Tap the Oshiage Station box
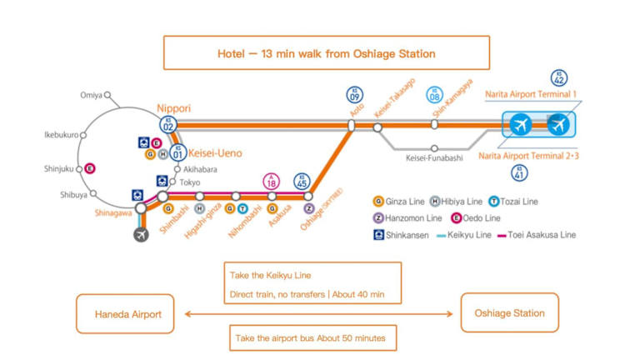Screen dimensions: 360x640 click(x=509, y=313)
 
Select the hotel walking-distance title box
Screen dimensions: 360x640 click(x=320, y=53)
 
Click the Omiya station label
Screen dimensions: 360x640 click(x=92, y=95)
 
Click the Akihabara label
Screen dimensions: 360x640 click(x=201, y=168)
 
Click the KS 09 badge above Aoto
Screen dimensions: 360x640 click(x=356, y=94)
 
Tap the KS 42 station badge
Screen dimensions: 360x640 click(x=559, y=78)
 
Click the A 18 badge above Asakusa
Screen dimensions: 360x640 click(x=272, y=182)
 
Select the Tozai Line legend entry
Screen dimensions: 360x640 click(x=515, y=201)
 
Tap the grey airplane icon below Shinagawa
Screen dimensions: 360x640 click(x=141, y=235)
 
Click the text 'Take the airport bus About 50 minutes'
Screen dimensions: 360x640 click(x=312, y=337)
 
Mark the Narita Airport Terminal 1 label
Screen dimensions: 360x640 click(x=531, y=95)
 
